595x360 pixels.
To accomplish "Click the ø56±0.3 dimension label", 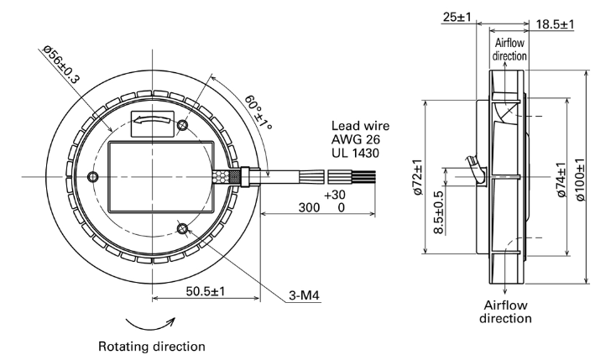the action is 61,64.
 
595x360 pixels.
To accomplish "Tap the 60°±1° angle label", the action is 258,112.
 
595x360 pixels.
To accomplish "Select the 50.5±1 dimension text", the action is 206,291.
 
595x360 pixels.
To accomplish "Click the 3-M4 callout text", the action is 305,295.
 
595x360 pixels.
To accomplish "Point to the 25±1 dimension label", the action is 457,17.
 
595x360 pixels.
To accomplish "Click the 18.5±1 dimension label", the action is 556,24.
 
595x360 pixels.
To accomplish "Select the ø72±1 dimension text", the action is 418,177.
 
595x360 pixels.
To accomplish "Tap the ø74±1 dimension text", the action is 561,180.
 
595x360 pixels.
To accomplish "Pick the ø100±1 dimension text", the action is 580,180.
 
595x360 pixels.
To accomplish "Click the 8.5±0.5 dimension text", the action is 438,212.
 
